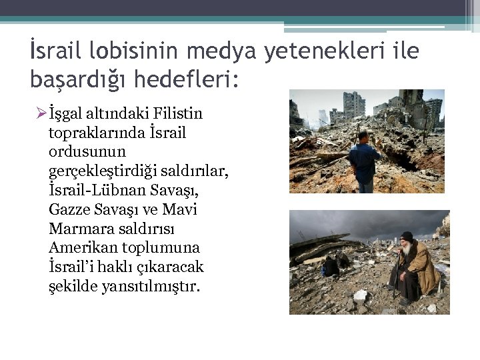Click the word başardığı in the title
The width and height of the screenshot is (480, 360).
click(80, 80)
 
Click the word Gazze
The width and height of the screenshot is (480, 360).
click(70, 210)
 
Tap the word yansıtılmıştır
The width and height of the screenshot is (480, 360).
click(145, 287)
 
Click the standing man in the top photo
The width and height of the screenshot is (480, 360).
click(364, 162)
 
